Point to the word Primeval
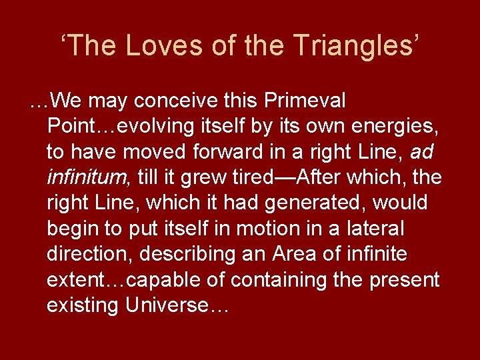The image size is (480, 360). (305, 101)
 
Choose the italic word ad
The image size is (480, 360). (421, 152)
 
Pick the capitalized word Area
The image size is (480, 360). (294, 254)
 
